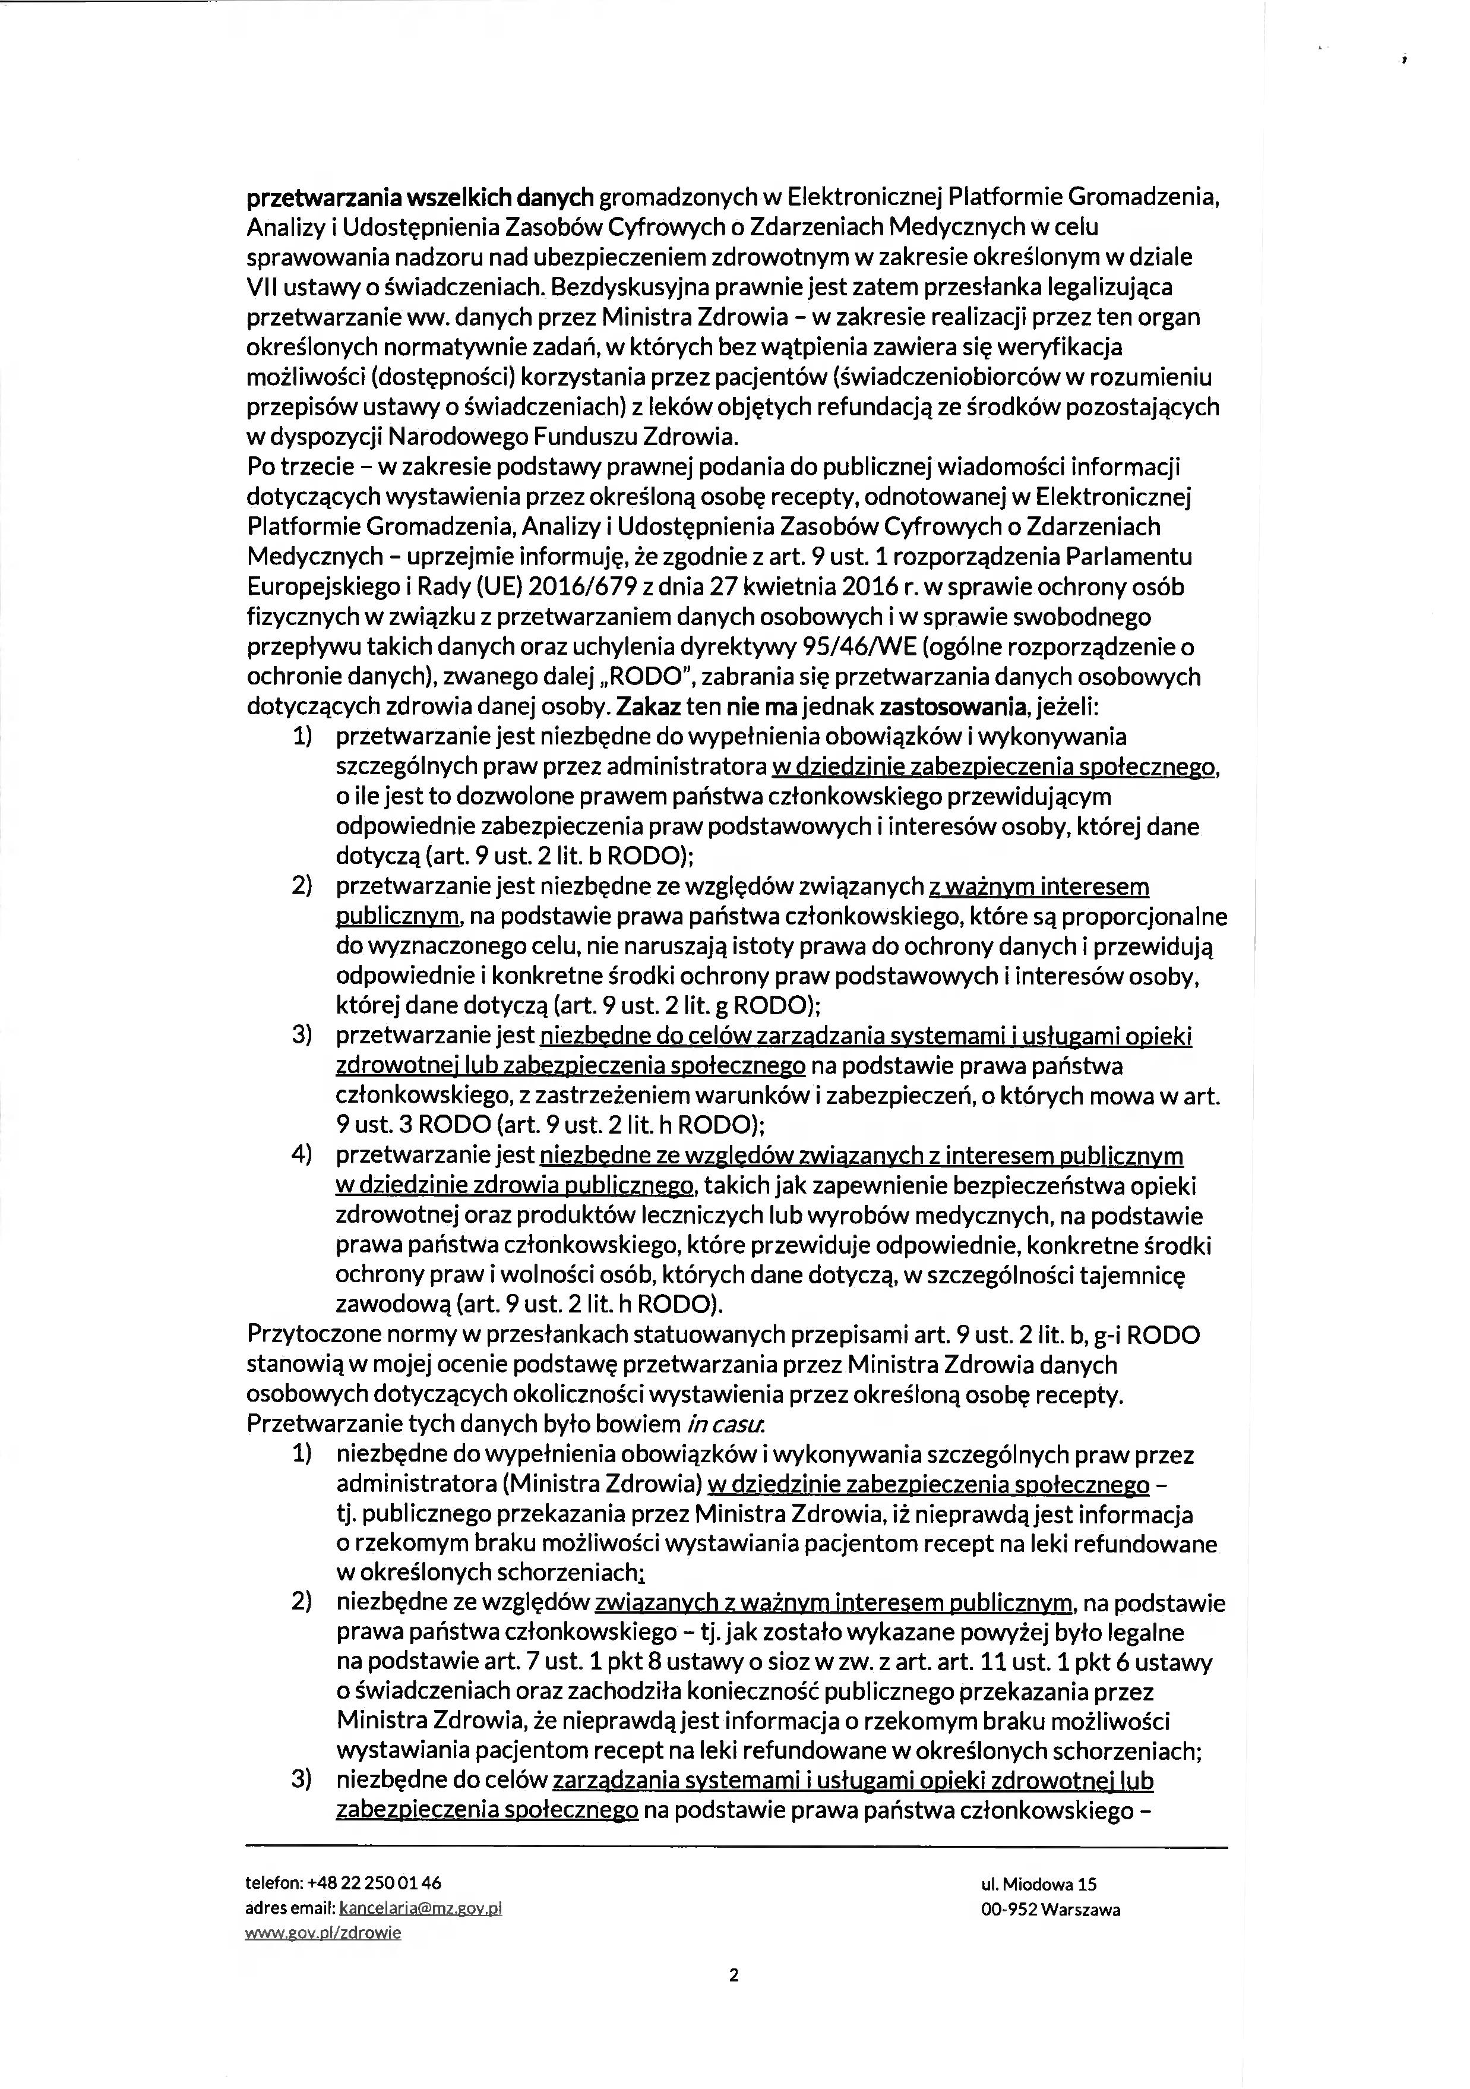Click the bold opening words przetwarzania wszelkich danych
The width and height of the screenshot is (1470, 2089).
(x=421, y=197)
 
